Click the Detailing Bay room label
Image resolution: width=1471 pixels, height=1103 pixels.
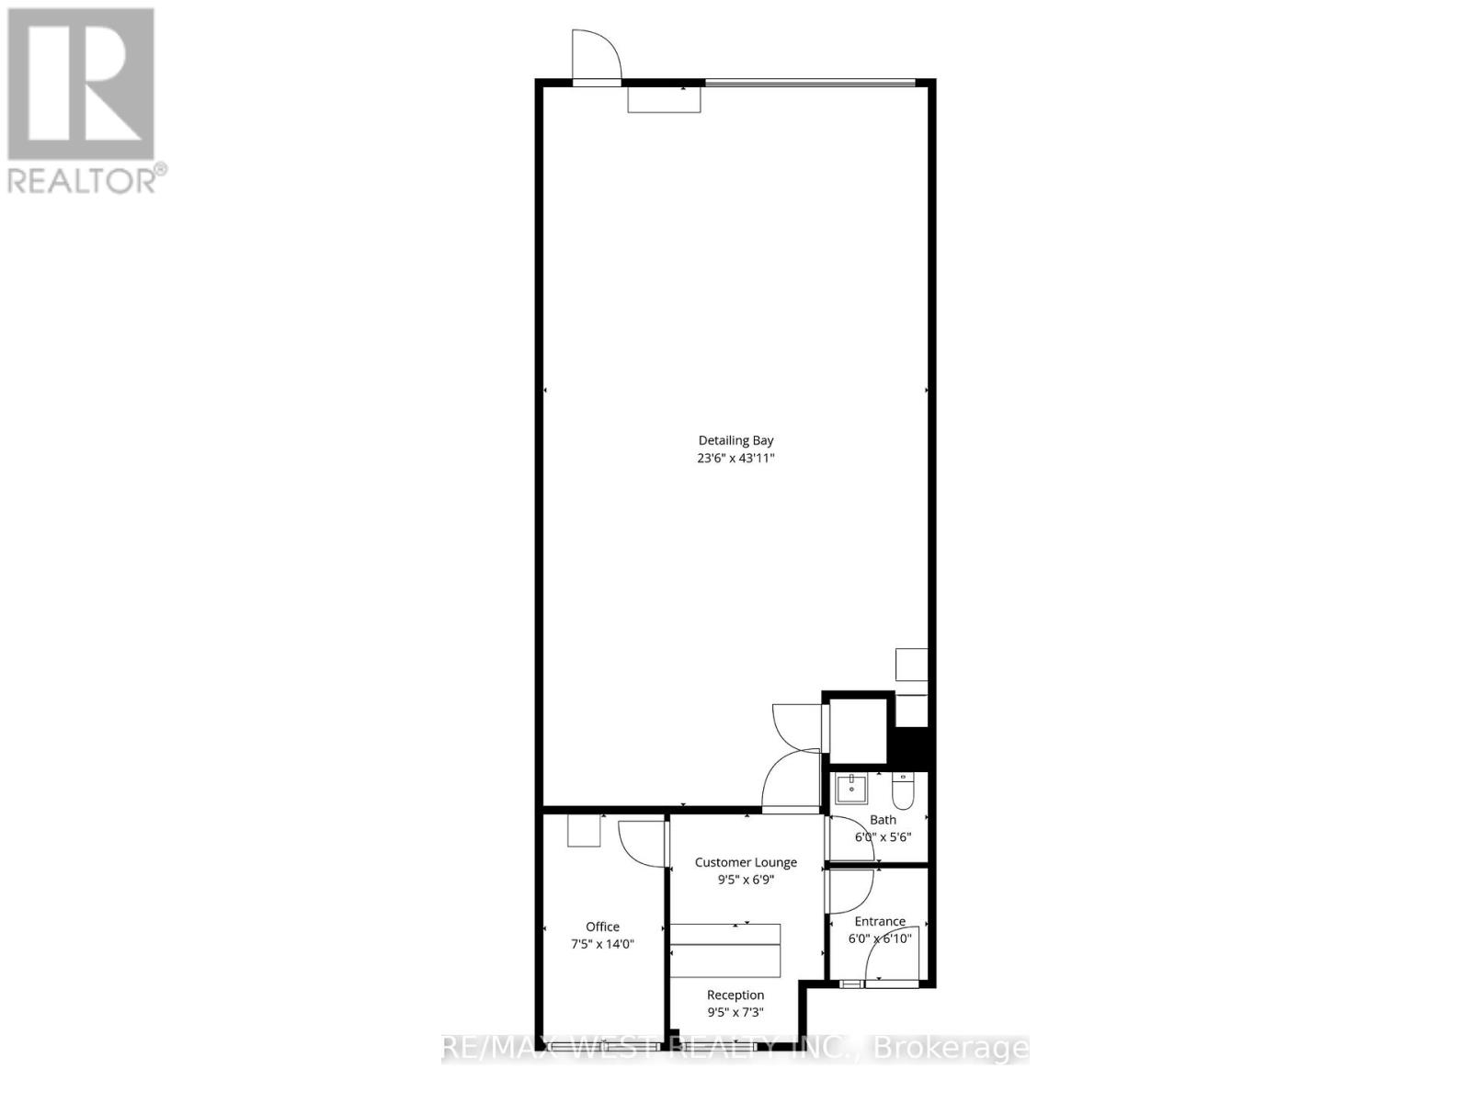(735, 440)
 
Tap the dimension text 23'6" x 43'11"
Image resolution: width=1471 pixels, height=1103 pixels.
(735, 458)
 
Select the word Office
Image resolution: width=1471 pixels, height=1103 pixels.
(603, 927)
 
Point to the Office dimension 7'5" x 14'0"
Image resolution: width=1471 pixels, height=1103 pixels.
(603, 944)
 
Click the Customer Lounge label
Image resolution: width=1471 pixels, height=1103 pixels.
(746, 862)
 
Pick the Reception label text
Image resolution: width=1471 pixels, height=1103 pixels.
(735, 995)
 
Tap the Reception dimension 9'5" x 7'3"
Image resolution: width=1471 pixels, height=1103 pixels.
(735, 1012)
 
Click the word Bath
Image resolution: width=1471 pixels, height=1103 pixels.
(883, 820)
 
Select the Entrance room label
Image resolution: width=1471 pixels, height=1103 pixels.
(880, 921)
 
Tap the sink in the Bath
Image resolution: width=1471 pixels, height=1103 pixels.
(851, 789)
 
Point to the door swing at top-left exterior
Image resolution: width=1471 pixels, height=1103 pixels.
(596, 55)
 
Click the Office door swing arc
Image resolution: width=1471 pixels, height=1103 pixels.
(641, 841)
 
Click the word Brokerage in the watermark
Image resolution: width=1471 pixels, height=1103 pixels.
(951, 1048)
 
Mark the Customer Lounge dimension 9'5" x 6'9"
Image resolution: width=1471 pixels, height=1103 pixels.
(746, 880)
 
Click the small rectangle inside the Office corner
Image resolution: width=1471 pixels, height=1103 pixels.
(583, 831)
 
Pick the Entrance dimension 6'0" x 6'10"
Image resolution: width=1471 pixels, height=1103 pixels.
(880, 938)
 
